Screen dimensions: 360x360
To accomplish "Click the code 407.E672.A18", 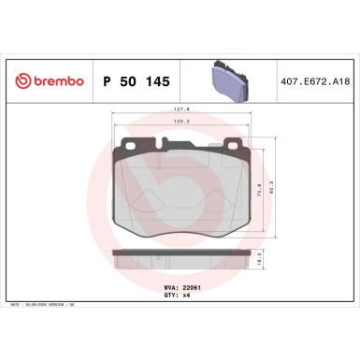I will tap(310, 82).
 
